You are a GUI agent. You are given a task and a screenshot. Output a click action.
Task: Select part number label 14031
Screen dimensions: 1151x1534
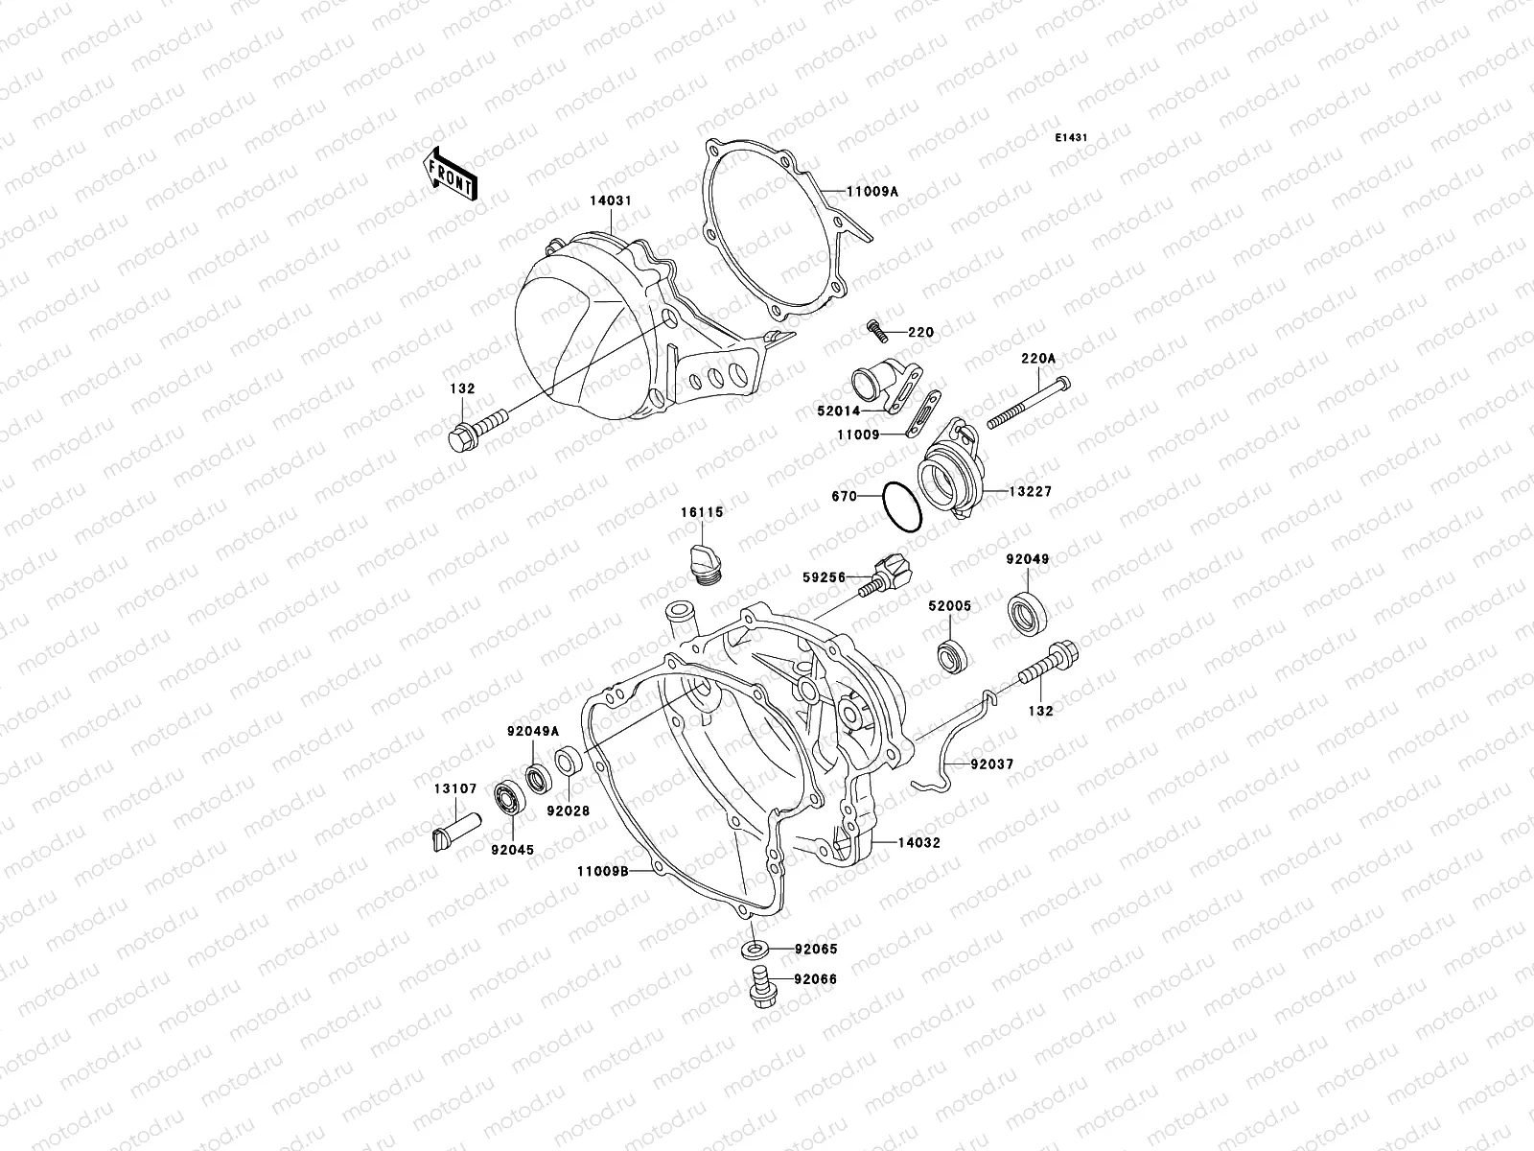(611, 202)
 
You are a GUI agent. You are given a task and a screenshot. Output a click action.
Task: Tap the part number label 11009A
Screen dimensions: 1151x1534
(872, 191)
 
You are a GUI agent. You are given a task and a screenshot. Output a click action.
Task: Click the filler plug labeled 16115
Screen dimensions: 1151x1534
(705, 561)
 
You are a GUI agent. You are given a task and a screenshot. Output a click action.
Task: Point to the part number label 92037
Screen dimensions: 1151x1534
(991, 765)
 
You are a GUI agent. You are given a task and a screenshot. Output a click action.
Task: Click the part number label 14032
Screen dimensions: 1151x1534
(918, 843)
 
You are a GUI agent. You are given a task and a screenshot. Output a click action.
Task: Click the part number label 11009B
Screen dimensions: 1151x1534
(602, 871)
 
